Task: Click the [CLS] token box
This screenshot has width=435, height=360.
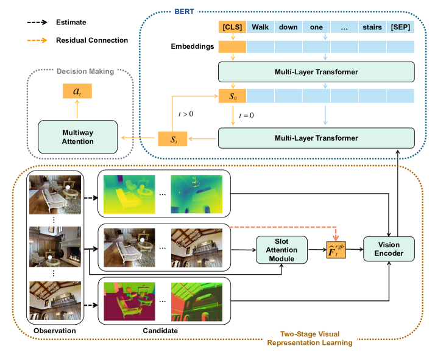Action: (232, 27)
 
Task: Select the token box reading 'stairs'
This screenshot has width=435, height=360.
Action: (371, 27)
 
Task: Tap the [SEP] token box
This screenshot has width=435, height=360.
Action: (400, 27)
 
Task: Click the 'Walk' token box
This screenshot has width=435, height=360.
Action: (260, 27)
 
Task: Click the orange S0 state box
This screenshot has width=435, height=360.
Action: (232, 96)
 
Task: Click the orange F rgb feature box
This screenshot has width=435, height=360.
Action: (336, 249)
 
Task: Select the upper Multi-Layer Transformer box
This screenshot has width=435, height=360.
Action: (316, 72)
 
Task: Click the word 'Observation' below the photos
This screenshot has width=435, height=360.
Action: (55, 330)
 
